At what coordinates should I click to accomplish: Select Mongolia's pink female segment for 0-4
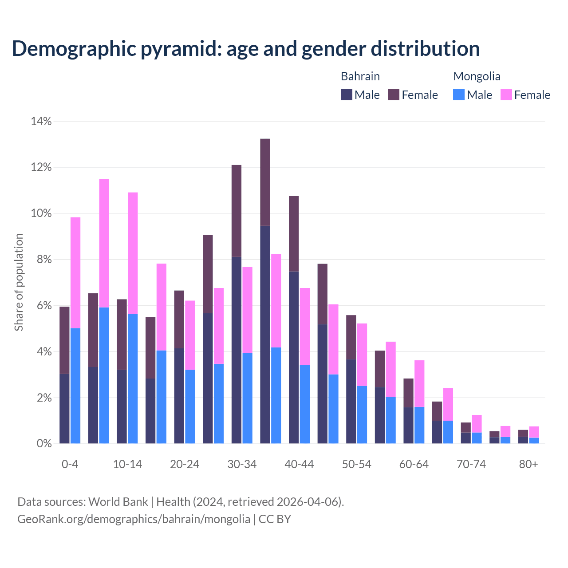(x=75, y=272)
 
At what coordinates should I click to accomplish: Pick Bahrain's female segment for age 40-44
(x=294, y=233)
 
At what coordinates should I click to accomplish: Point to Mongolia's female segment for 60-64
(x=419, y=383)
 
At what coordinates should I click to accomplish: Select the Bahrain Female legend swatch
(x=394, y=95)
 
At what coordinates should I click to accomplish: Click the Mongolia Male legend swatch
(x=459, y=95)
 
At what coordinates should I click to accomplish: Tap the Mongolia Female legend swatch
(x=506, y=95)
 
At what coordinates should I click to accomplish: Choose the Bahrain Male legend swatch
(x=347, y=95)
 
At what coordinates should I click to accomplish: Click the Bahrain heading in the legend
(x=360, y=76)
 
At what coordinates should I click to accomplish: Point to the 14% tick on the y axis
(x=41, y=121)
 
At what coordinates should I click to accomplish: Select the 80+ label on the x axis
(x=529, y=464)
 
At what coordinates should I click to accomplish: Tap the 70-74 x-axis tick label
(x=471, y=464)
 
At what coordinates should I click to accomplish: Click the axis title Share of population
(x=19, y=282)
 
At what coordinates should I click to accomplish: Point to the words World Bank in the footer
(x=118, y=502)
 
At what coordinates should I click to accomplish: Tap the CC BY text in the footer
(x=275, y=519)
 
